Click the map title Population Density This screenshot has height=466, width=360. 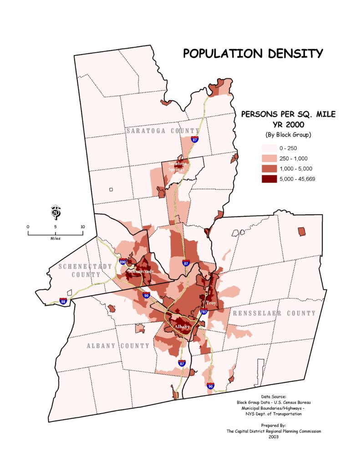[x=253, y=54]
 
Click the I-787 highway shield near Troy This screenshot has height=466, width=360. [x=203, y=312]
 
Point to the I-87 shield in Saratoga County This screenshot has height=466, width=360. [x=195, y=140]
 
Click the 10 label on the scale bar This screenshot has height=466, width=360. [x=82, y=226]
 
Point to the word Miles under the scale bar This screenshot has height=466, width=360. [x=56, y=238]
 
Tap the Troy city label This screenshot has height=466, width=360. [x=211, y=303]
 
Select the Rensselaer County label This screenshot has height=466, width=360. [x=274, y=314]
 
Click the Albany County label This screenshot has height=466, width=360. [x=118, y=346]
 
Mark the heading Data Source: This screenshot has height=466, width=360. [x=274, y=396]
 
